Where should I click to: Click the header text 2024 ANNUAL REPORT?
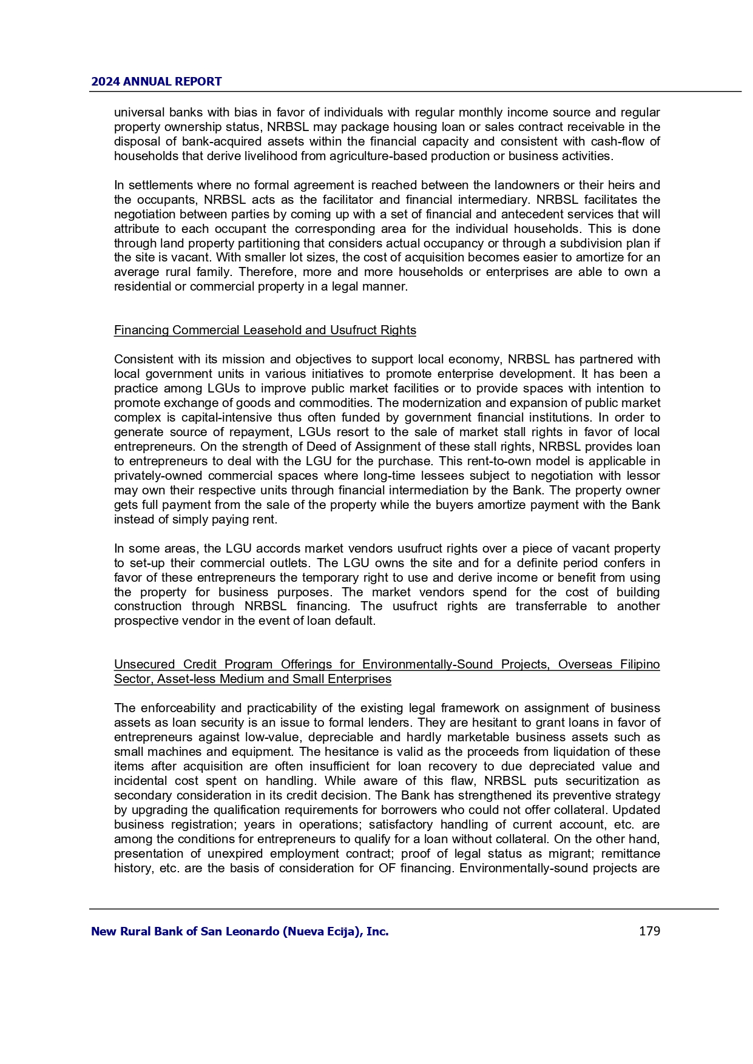[x=157, y=81]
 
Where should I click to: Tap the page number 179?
[x=649, y=931]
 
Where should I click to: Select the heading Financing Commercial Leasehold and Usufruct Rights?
[x=265, y=330]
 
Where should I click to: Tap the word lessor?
[x=642, y=476]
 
